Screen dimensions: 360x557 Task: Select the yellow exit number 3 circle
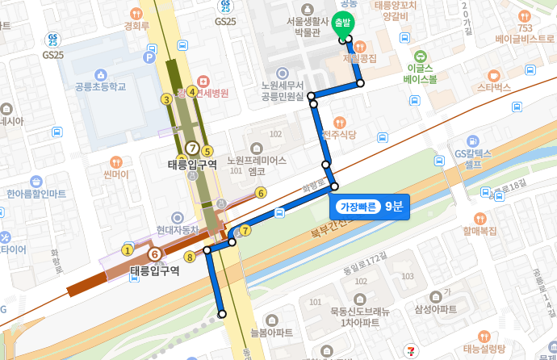(x=166, y=99)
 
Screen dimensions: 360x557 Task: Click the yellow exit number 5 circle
(x=207, y=150)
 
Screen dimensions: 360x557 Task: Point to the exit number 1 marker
(x=127, y=249)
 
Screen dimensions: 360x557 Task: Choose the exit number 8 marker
(x=190, y=257)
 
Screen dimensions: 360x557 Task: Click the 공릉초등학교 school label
(x=100, y=87)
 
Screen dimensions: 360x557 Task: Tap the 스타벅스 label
(x=494, y=86)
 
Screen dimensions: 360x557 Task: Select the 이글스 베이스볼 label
(x=421, y=73)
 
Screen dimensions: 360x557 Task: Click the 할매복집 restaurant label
(x=480, y=231)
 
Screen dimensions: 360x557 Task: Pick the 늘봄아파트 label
(x=271, y=332)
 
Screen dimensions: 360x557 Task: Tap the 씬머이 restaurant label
(x=117, y=174)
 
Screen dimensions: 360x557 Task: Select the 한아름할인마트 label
(x=36, y=194)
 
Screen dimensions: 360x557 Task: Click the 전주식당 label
(x=339, y=134)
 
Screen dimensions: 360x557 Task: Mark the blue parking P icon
(x=149, y=57)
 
